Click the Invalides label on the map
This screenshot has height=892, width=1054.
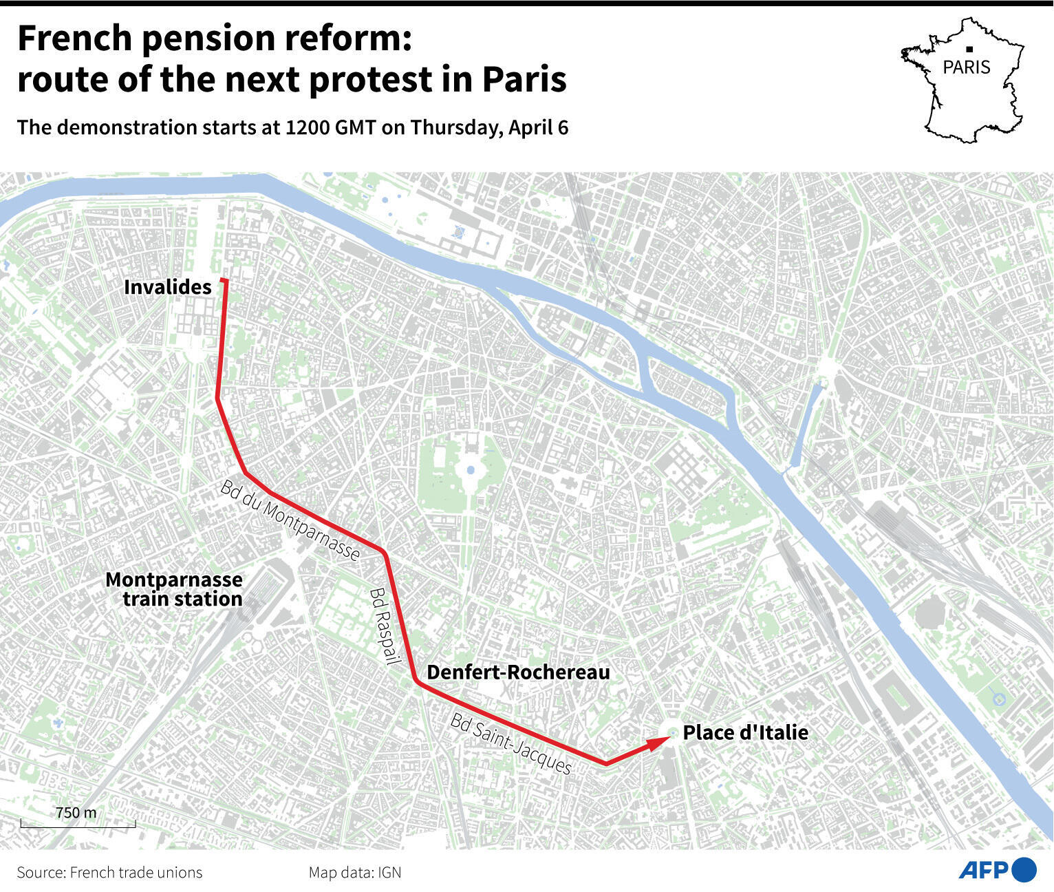(167, 287)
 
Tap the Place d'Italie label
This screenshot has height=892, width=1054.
(745, 732)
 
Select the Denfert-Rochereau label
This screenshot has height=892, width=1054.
(518, 672)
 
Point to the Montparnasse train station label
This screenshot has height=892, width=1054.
(174, 589)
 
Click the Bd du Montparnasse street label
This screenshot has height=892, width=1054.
(290, 520)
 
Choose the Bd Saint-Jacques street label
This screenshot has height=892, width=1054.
(510, 743)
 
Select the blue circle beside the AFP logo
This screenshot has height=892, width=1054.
(1024, 870)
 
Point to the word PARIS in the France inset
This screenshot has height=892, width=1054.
(967, 67)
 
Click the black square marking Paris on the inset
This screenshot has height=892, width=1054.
(969, 49)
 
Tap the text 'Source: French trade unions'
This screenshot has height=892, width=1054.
(109, 873)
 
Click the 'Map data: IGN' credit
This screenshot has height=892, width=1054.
(354, 873)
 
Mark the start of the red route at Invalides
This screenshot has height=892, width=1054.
(224, 280)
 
